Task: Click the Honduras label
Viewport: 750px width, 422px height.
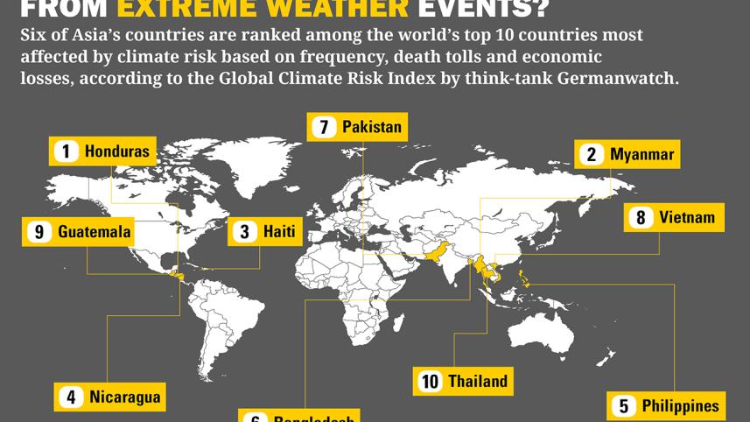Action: [x=116, y=151]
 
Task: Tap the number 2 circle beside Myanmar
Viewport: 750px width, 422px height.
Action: [x=592, y=155]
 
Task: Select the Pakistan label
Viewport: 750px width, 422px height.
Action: [x=371, y=127]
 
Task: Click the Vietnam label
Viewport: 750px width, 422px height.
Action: [x=686, y=217]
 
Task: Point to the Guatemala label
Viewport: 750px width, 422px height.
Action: [x=95, y=232]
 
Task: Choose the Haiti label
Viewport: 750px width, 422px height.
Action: [x=278, y=232]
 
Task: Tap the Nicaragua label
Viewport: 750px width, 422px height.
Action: [x=124, y=397]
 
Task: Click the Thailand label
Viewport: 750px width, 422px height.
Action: [x=477, y=381]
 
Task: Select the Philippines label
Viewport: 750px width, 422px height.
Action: [x=679, y=405]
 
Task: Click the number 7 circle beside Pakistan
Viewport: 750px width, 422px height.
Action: [x=324, y=127]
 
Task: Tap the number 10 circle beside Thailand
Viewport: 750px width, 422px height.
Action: [x=430, y=381]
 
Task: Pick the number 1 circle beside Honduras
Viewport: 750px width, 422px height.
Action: [x=66, y=151]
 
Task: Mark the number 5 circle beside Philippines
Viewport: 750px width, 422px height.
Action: [x=624, y=405]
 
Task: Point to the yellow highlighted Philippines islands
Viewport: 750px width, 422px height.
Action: [x=524, y=279]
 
